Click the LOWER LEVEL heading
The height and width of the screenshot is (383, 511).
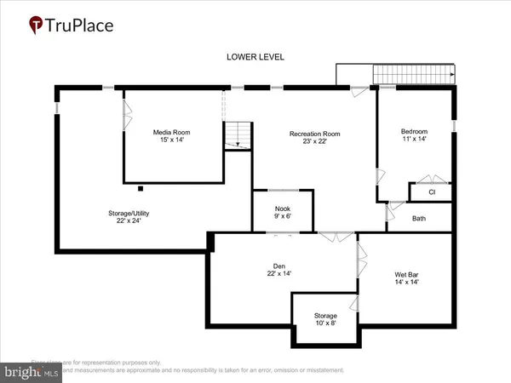tap(255, 57)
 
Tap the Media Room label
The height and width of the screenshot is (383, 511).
tap(169, 133)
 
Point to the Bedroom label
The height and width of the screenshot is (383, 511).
tap(414, 132)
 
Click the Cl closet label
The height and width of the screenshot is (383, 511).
tap(432, 192)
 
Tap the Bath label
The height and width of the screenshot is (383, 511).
tap(419, 219)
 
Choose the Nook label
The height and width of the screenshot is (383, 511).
tap(282, 209)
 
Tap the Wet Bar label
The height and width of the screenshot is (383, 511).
tap(405, 275)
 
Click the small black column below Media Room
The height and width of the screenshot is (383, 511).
tap(139, 187)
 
